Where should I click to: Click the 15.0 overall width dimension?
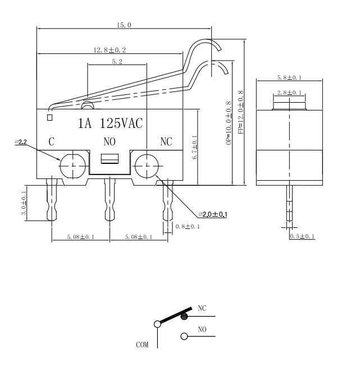[124, 25]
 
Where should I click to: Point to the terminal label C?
[51, 142]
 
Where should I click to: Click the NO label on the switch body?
[110, 142]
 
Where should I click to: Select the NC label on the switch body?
[166, 142]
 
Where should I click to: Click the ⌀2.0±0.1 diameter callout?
[212, 214]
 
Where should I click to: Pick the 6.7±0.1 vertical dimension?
[194, 148]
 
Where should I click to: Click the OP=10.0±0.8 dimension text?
[228, 123]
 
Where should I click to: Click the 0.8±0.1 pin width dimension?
[186, 226]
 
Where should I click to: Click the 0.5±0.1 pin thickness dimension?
[302, 237]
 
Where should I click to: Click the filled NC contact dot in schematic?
[184, 317]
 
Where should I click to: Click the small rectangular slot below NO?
[110, 159]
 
